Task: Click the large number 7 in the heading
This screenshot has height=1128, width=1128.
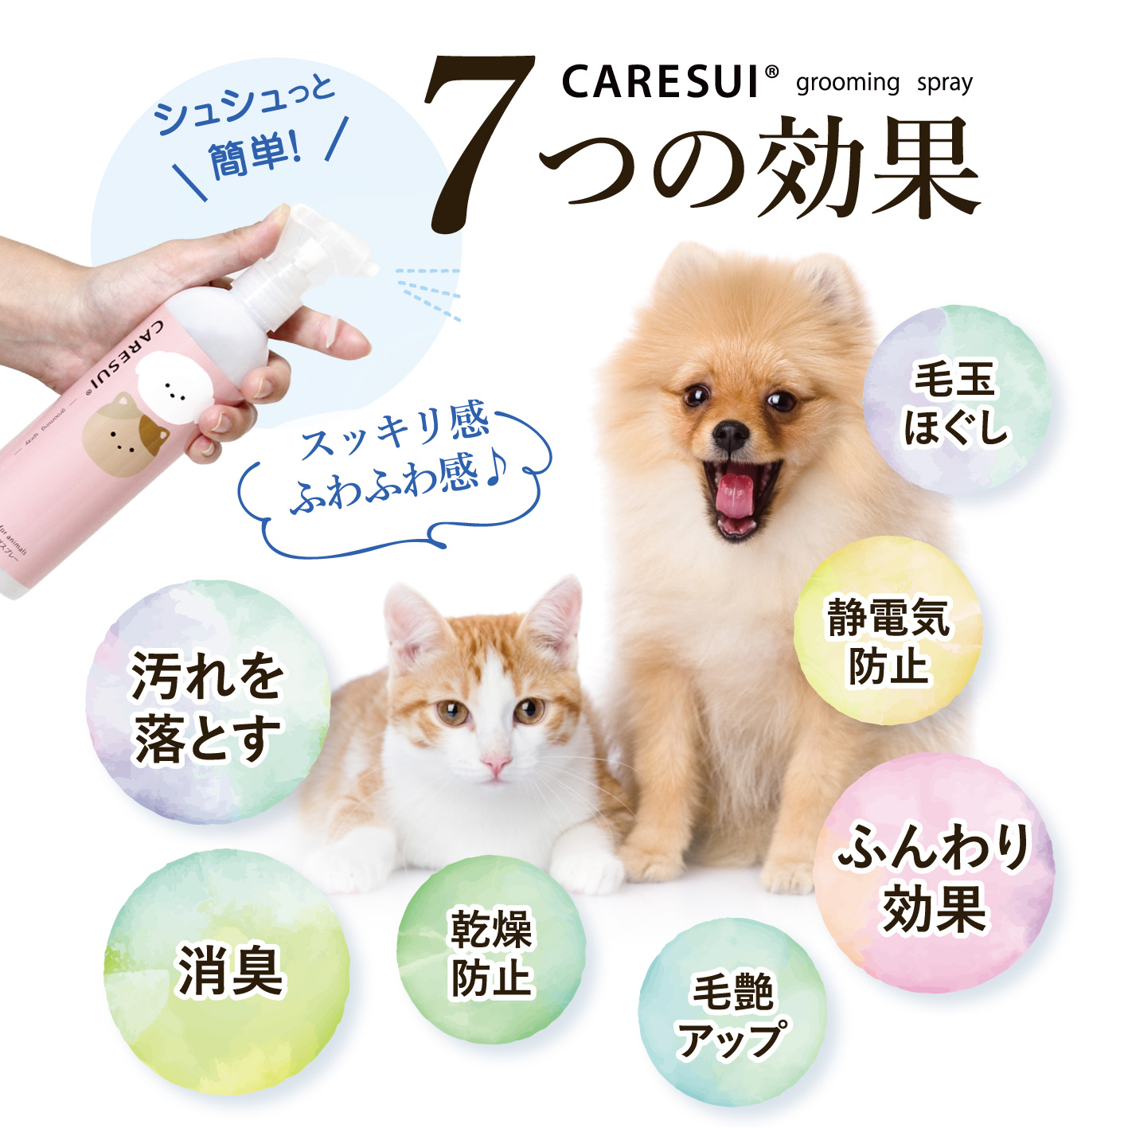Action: click(478, 143)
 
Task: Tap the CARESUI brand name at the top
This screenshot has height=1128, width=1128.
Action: click(661, 82)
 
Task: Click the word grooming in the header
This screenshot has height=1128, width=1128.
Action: click(847, 83)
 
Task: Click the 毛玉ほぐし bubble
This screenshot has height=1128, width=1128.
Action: click(955, 402)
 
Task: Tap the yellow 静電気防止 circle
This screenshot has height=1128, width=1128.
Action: click(888, 633)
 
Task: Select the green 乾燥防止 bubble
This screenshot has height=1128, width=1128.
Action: click(491, 951)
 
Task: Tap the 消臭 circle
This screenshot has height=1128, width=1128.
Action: click(228, 971)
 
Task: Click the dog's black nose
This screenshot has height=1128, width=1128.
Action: click(730, 434)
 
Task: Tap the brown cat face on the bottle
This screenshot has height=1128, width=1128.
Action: click(121, 434)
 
